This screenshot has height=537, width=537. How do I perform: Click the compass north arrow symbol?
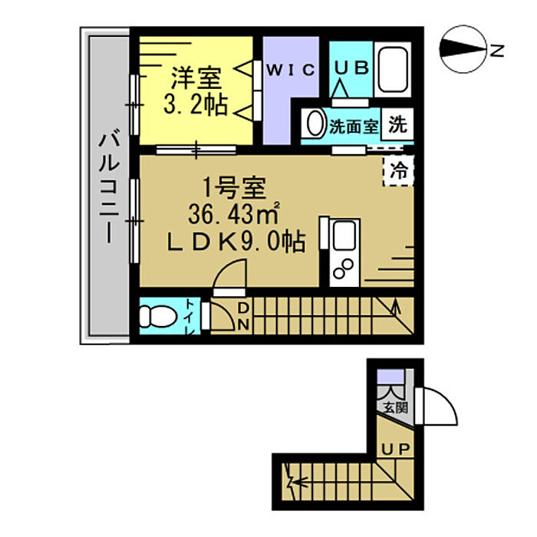(x=463, y=49)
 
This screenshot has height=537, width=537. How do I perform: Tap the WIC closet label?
(x=291, y=70)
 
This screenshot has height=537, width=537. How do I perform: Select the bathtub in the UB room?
(x=393, y=70)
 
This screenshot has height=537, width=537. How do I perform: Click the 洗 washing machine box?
(x=397, y=124)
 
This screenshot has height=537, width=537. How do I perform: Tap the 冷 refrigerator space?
(x=399, y=171)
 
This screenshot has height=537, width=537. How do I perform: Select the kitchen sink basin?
(x=344, y=236)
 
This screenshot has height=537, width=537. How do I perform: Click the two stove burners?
(x=344, y=268)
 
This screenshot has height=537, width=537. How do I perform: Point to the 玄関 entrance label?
(x=396, y=407)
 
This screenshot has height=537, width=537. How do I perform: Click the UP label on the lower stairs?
(x=396, y=449)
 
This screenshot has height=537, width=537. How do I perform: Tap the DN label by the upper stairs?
(x=243, y=316)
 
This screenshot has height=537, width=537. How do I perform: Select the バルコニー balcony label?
(x=109, y=186)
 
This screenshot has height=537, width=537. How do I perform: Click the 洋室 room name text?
(x=196, y=78)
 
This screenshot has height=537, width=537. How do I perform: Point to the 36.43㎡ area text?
(x=234, y=214)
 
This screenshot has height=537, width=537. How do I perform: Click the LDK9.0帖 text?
(x=236, y=242)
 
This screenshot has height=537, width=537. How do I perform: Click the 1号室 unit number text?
(x=234, y=187)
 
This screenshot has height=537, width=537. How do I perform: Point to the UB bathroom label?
(x=351, y=68)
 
